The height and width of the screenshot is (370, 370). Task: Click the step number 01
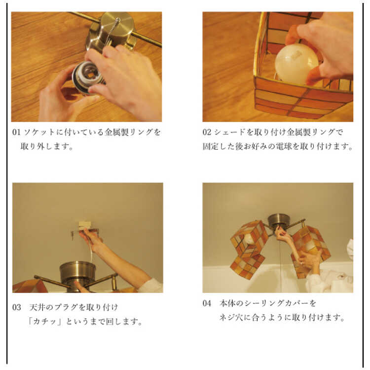pos(16,132)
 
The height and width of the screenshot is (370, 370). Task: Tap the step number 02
pos(207,132)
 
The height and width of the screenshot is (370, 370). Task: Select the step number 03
pos(16,307)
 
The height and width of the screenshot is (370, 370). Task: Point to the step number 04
pos(207,303)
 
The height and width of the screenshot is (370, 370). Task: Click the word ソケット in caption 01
pos(39,132)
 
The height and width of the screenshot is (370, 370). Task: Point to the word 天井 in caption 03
pos(37,307)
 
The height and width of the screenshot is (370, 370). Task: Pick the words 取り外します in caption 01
pos(46,147)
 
